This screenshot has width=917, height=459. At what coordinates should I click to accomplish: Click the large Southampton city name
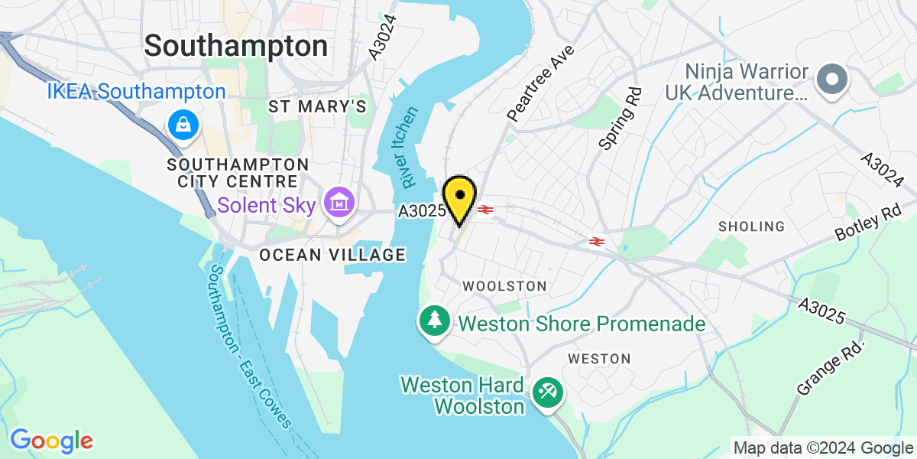[x=236, y=46]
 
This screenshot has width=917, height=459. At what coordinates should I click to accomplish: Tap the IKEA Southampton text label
[x=136, y=93]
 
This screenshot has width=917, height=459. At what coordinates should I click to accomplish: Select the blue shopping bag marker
[x=183, y=125]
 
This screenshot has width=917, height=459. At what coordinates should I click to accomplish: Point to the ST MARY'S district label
[x=318, y=106]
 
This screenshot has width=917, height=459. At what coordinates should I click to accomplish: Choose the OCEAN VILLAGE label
[x=332, y=255]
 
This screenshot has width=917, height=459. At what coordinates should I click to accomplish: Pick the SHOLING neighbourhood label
[x=751, y=226]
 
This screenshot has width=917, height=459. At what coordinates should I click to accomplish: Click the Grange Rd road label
[x=831, y=368]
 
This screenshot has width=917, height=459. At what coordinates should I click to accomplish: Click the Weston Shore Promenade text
[x=582, y=324]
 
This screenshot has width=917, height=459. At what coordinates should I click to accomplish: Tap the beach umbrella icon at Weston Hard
[x=547, y=393]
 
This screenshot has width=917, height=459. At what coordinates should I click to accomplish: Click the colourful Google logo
[x=51, y=441]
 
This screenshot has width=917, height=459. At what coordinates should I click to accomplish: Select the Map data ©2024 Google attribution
[x=821, y=448]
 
